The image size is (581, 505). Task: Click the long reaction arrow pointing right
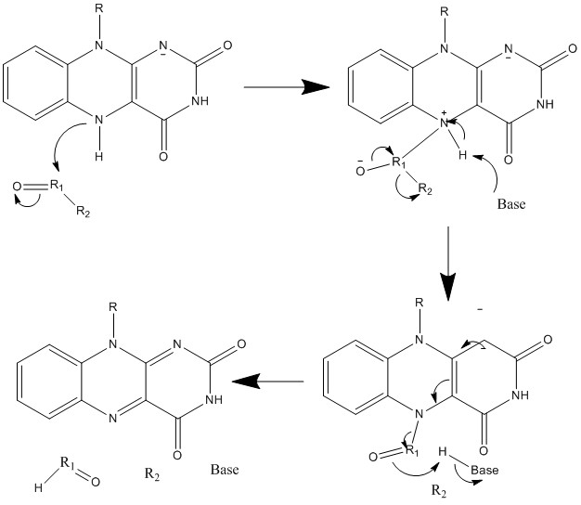tap(287, 88)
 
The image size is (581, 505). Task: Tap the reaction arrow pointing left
tap(268, 382)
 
